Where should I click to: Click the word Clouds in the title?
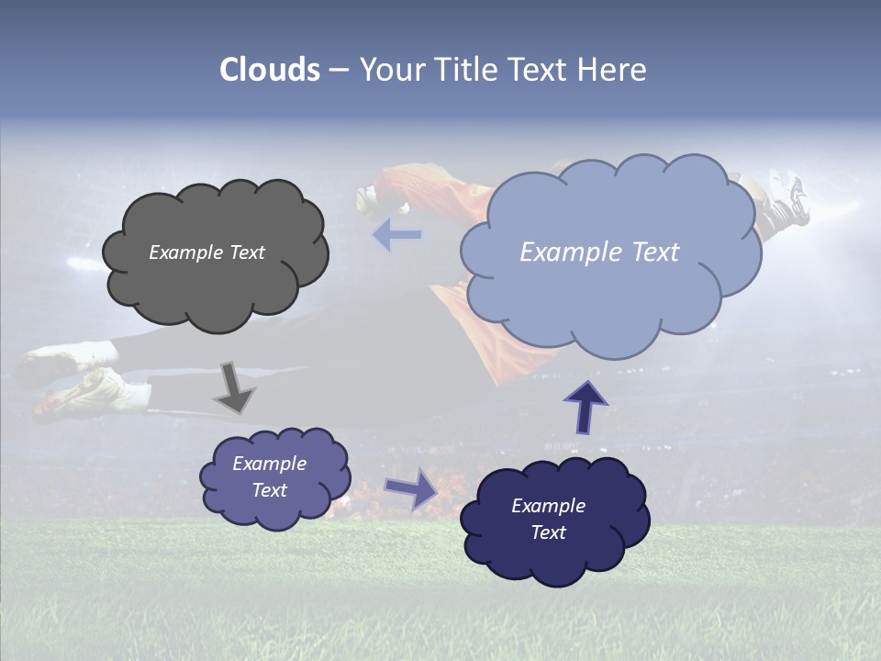(x=270, y=70)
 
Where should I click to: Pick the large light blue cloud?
(x=610, y=294)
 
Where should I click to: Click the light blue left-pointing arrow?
(x=396, y=235)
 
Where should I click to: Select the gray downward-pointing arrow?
(x=234, y=388)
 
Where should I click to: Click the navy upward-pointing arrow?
(x=585, y=408)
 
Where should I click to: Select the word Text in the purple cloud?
(x=270, y=490)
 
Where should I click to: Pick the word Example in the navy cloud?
(x=548, y=506)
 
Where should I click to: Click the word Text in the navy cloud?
(x=548, y=532)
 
